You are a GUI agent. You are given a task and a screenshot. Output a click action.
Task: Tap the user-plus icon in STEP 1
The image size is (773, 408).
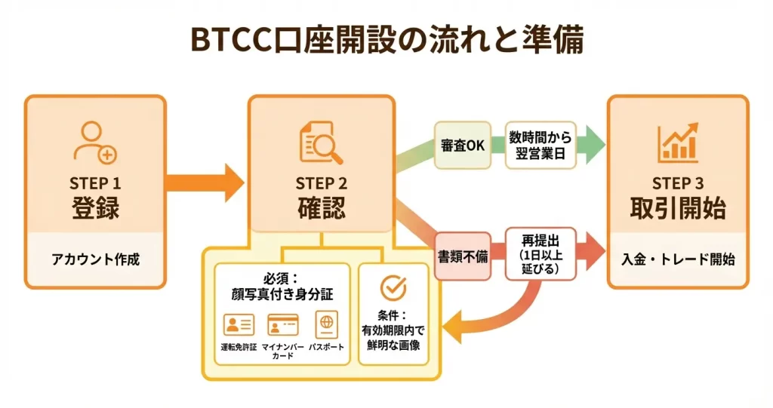(x=95, y=143)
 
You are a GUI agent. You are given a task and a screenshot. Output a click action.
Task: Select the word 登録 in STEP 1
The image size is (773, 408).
(x=95, y=207)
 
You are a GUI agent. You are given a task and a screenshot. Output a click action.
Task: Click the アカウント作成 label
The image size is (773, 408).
(x=95, y=259)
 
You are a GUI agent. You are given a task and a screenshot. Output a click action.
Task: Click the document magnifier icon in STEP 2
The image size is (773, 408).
(x=321, y=143)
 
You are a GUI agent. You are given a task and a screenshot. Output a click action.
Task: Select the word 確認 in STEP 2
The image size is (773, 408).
(x=321, y=207)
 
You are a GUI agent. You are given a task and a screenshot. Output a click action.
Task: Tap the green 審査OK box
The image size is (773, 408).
(x=462, y=146)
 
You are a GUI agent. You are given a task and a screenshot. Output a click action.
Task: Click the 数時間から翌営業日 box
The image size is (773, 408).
(x=540, y=146)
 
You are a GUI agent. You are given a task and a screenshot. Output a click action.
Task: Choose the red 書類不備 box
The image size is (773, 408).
(x=462, y=256)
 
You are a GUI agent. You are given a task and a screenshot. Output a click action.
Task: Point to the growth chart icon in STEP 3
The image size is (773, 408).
(x=677, y=143)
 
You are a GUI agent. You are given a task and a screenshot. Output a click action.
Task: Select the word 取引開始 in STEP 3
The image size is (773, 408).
(x=677, y=207)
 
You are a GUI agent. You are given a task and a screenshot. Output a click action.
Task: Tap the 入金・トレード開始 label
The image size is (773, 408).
(x=677, y=259)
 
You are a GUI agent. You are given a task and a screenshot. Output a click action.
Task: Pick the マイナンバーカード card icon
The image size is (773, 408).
(x=284, y=325)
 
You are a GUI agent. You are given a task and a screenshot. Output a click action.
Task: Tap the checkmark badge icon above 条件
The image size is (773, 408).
(x=393, y=287)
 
